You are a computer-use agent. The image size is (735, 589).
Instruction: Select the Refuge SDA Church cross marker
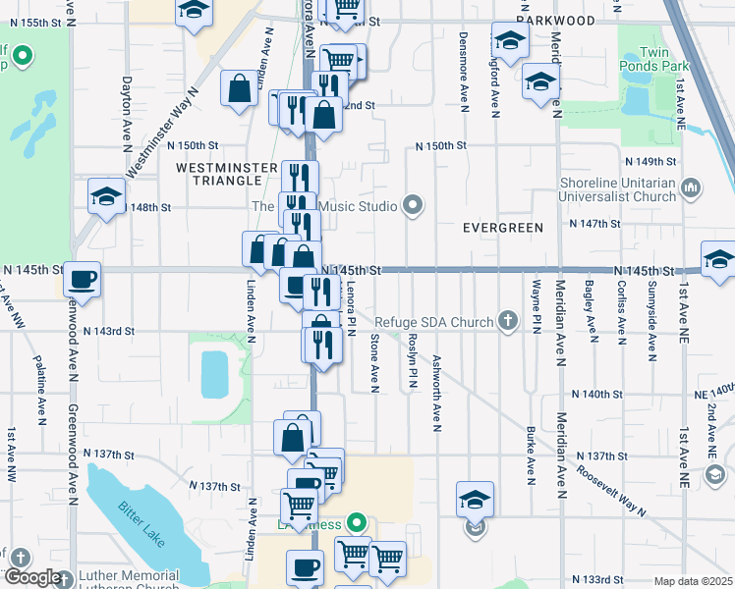507,321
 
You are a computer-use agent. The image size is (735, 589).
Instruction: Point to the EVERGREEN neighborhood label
503,228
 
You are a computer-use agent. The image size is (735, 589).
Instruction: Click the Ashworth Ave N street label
436,393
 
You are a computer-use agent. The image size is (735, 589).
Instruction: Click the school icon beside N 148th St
106,196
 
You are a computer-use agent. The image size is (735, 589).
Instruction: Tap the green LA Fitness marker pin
357,523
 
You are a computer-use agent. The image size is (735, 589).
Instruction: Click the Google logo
32,578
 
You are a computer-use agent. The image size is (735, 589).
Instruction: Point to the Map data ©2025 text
694,581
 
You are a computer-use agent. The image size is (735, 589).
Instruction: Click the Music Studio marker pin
413,206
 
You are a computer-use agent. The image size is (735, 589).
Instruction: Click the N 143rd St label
108,332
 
